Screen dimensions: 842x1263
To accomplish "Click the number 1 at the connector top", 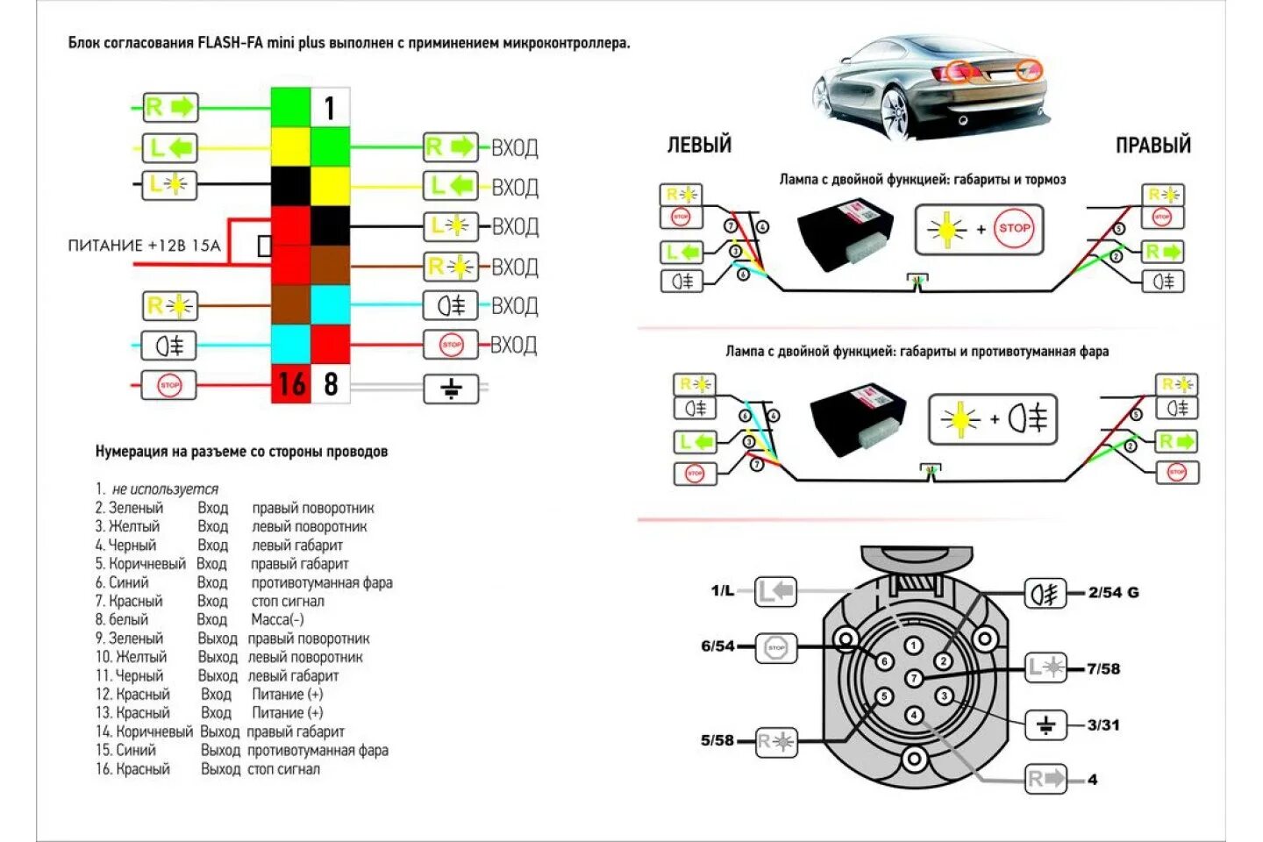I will (330, 109).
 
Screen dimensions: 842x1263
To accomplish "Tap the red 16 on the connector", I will (291, 384).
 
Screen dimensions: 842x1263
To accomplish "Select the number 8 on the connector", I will (331, 384).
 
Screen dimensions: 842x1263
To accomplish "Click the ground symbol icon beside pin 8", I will (451, 388).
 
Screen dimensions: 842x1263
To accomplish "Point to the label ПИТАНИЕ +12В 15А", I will (145, 246).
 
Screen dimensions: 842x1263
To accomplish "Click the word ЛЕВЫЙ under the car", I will (699, 145).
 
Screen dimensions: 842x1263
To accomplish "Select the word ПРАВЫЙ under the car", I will (1152, 145).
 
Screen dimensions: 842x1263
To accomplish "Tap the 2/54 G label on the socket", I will (1113, 592).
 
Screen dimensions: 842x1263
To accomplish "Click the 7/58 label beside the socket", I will (1103, 668).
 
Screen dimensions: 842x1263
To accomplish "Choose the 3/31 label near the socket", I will (1103, 724).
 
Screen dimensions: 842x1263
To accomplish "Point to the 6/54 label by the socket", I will (717, 646).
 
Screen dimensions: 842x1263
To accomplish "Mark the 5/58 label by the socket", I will (717, 740).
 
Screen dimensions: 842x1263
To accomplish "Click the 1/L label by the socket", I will (723, 590).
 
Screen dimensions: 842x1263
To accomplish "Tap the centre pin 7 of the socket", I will (914, 678).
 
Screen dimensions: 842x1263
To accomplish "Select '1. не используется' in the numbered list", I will (158, 489).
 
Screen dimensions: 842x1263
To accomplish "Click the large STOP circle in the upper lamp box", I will (1014, 228).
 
